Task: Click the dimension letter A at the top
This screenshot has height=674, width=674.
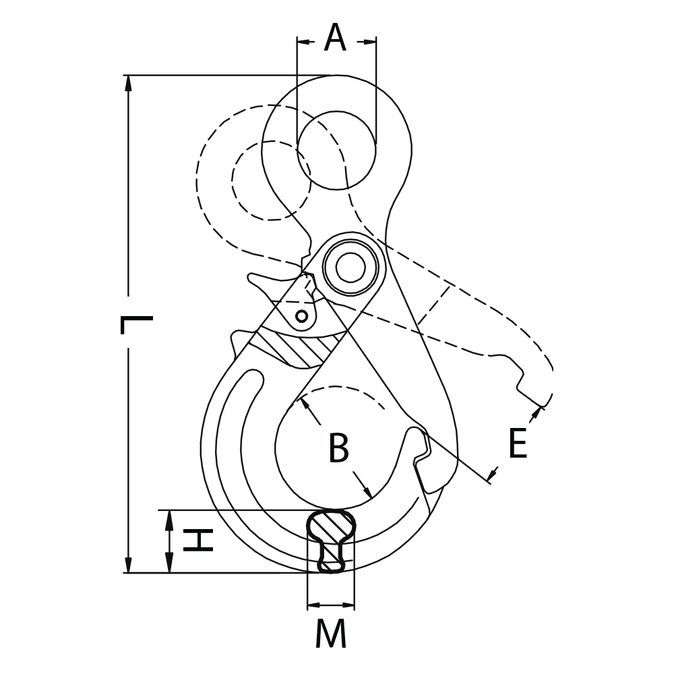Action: click(335, 38)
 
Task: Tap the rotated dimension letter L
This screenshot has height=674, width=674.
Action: click(135, 325)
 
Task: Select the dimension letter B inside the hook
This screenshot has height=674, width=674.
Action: click(338, 449)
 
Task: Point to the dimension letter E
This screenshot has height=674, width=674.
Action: click(517, 444)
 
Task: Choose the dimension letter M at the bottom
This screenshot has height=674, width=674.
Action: click(330, 634)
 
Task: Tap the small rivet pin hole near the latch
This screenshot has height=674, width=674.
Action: click(302, 315)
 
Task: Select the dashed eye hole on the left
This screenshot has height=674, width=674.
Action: click(271, 180)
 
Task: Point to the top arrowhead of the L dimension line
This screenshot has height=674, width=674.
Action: click(128, 82)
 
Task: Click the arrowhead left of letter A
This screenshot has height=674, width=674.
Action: click(305, 42)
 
